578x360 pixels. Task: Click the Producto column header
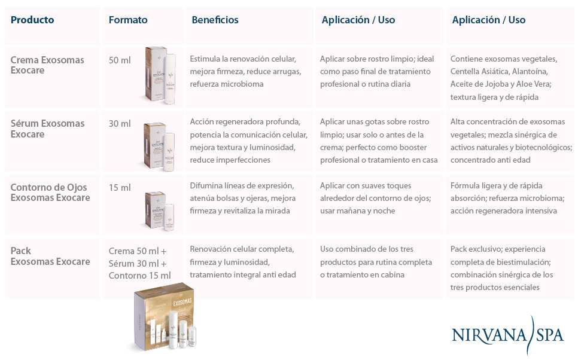[x=32, y=20]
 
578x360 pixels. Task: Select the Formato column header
[x=128, y=20]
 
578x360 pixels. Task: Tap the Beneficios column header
[x=215, y=20]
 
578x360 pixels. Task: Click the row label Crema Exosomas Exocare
[x=47, y=65]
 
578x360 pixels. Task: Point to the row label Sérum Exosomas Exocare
[x=47, y=129]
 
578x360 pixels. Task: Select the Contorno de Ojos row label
[x=50, y=193]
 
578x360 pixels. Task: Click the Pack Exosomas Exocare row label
[x=50, y=256]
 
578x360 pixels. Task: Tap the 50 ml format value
[x=120, y=60]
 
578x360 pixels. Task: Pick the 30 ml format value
[x=120, y=124]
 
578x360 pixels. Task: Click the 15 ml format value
[x=120, y=188]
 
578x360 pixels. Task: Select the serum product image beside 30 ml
[x=159, y=147]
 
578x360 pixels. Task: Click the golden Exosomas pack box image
[x=165, y=317]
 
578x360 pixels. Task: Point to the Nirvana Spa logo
[x=508, y=334]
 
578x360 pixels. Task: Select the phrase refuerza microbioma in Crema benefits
[x=227, y=84]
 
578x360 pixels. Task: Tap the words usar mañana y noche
[x=358, y=211]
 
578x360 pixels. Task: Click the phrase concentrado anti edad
[x=490, y=160]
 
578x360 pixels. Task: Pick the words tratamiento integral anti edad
[x=243, y=275]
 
